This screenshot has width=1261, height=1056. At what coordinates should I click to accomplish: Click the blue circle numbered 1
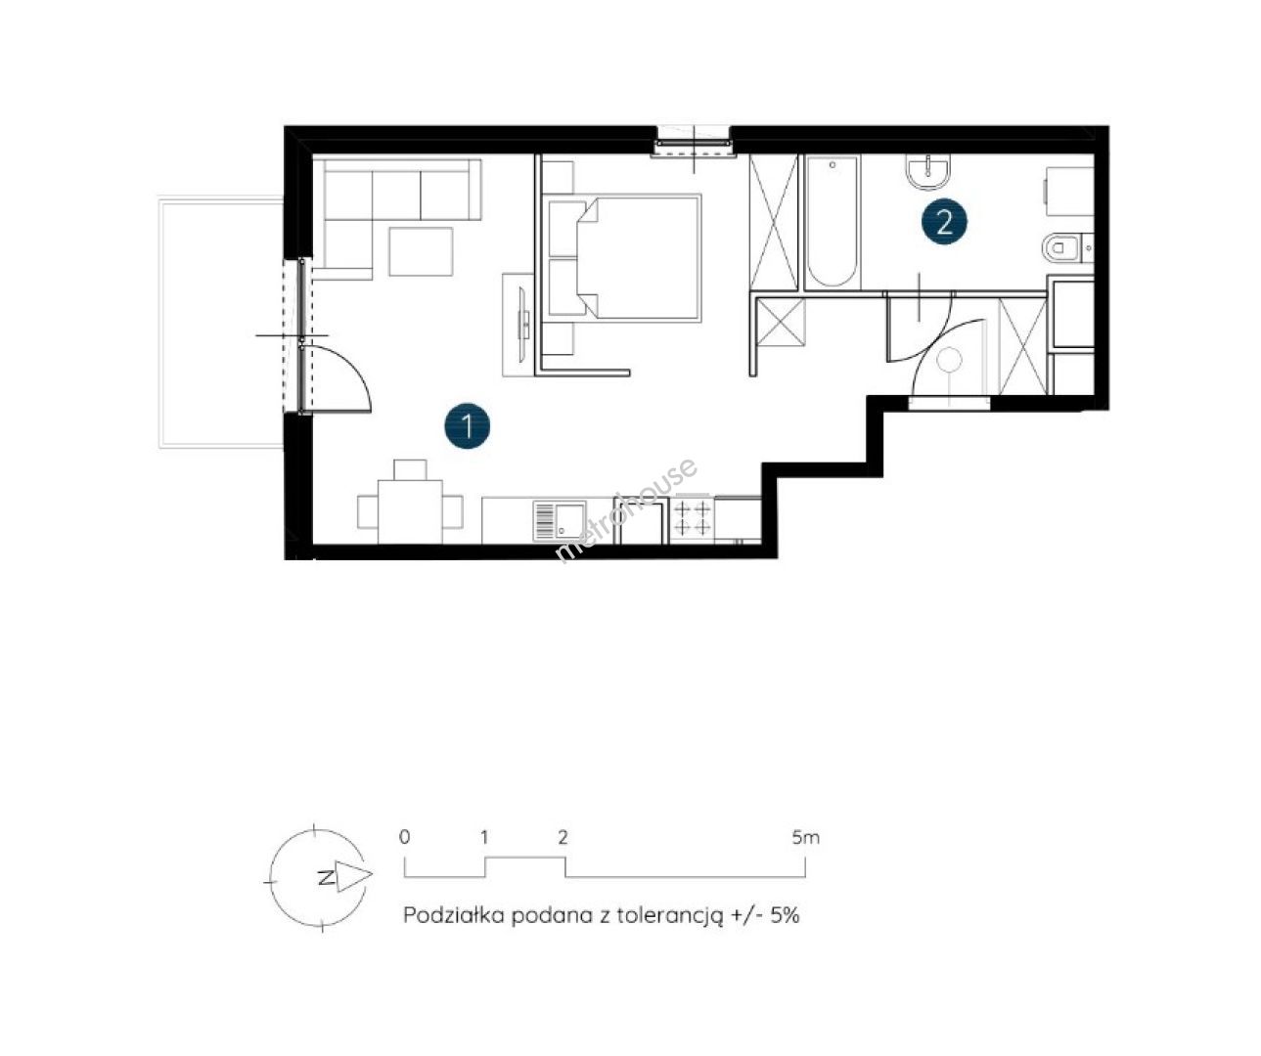tap(467, 426)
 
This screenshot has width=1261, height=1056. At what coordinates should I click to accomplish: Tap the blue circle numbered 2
tap(944, 222)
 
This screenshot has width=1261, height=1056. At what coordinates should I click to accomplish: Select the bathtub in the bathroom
tap(832, 222)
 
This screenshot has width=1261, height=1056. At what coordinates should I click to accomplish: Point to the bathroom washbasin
tap(928, 170)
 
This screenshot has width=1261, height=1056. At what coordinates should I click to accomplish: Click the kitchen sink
tap(560, 520)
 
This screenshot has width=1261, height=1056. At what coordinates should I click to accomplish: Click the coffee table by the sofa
tap(421, 251)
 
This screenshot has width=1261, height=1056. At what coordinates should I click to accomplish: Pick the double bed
tap(624, 257)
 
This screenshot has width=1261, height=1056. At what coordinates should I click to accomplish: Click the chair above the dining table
tap(410, 469)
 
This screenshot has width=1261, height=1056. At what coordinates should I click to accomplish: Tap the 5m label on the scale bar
tap(806, 838)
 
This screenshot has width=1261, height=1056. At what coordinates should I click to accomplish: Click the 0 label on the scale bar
tap(405, 837)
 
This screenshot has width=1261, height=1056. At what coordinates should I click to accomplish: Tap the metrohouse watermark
tap(626, 510)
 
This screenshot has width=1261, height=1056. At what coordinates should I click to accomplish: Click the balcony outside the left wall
tap(220, 323)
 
